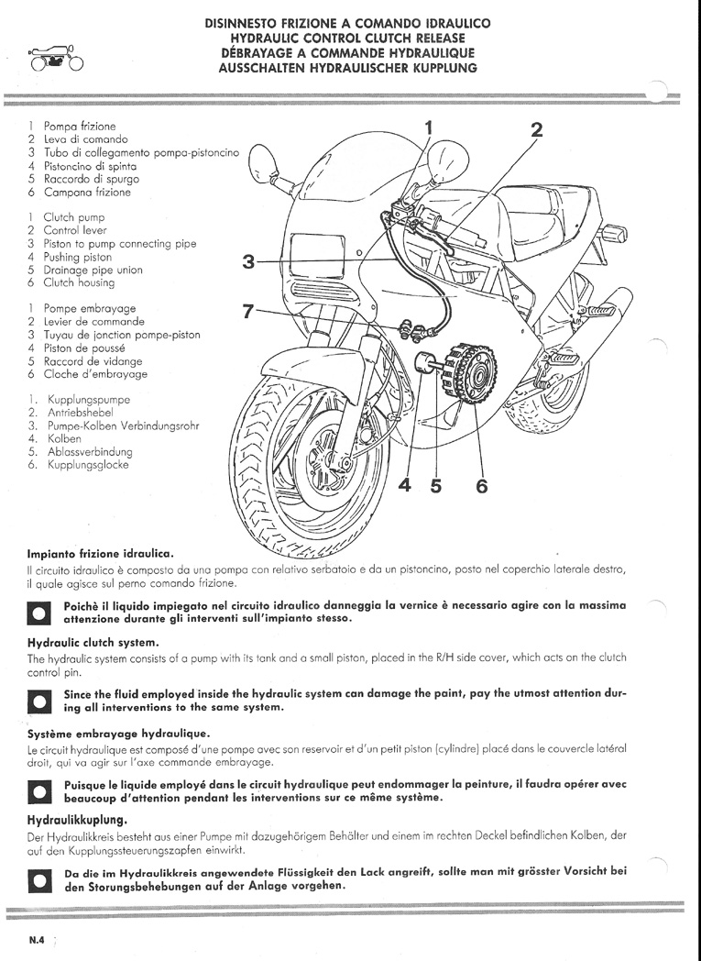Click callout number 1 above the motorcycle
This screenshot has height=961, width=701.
[429, 128]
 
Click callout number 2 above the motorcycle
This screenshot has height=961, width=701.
[536, 130]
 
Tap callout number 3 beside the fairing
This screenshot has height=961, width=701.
[248, 261]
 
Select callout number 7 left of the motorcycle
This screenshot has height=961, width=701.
[247, 312]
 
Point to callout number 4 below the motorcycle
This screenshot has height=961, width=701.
[405, 485]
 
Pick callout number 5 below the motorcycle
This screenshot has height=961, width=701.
[436, 485]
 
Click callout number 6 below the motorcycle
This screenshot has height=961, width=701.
[482, 486]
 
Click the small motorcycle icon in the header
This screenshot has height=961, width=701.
[55, 58]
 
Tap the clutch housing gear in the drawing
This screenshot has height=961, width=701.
[470, 372]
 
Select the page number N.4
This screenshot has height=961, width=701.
[37, 941]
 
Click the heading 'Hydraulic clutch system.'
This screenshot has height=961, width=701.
[93, 642]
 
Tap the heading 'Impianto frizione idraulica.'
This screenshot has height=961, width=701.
[101, 554]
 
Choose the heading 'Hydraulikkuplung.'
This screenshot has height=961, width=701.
[77, 820]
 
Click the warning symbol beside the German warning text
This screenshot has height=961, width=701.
[39, 880]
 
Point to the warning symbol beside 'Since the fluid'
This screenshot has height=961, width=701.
[39, 701]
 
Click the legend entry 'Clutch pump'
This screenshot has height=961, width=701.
[74, 217]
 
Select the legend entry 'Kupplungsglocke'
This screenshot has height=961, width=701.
[88, 465]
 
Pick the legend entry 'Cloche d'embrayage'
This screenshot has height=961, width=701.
[95, 374]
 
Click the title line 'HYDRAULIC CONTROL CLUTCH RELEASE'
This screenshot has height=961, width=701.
[347, 38]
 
